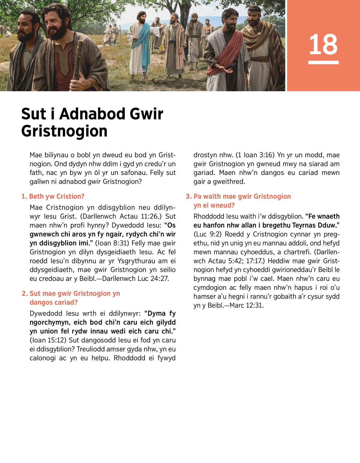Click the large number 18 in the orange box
point(323,44)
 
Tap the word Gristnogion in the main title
point(64,131)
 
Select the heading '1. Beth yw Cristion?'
point(53,197)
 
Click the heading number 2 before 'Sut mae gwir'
point(24,293)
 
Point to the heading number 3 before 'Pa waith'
point(188,197)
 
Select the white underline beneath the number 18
point(323,62)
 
